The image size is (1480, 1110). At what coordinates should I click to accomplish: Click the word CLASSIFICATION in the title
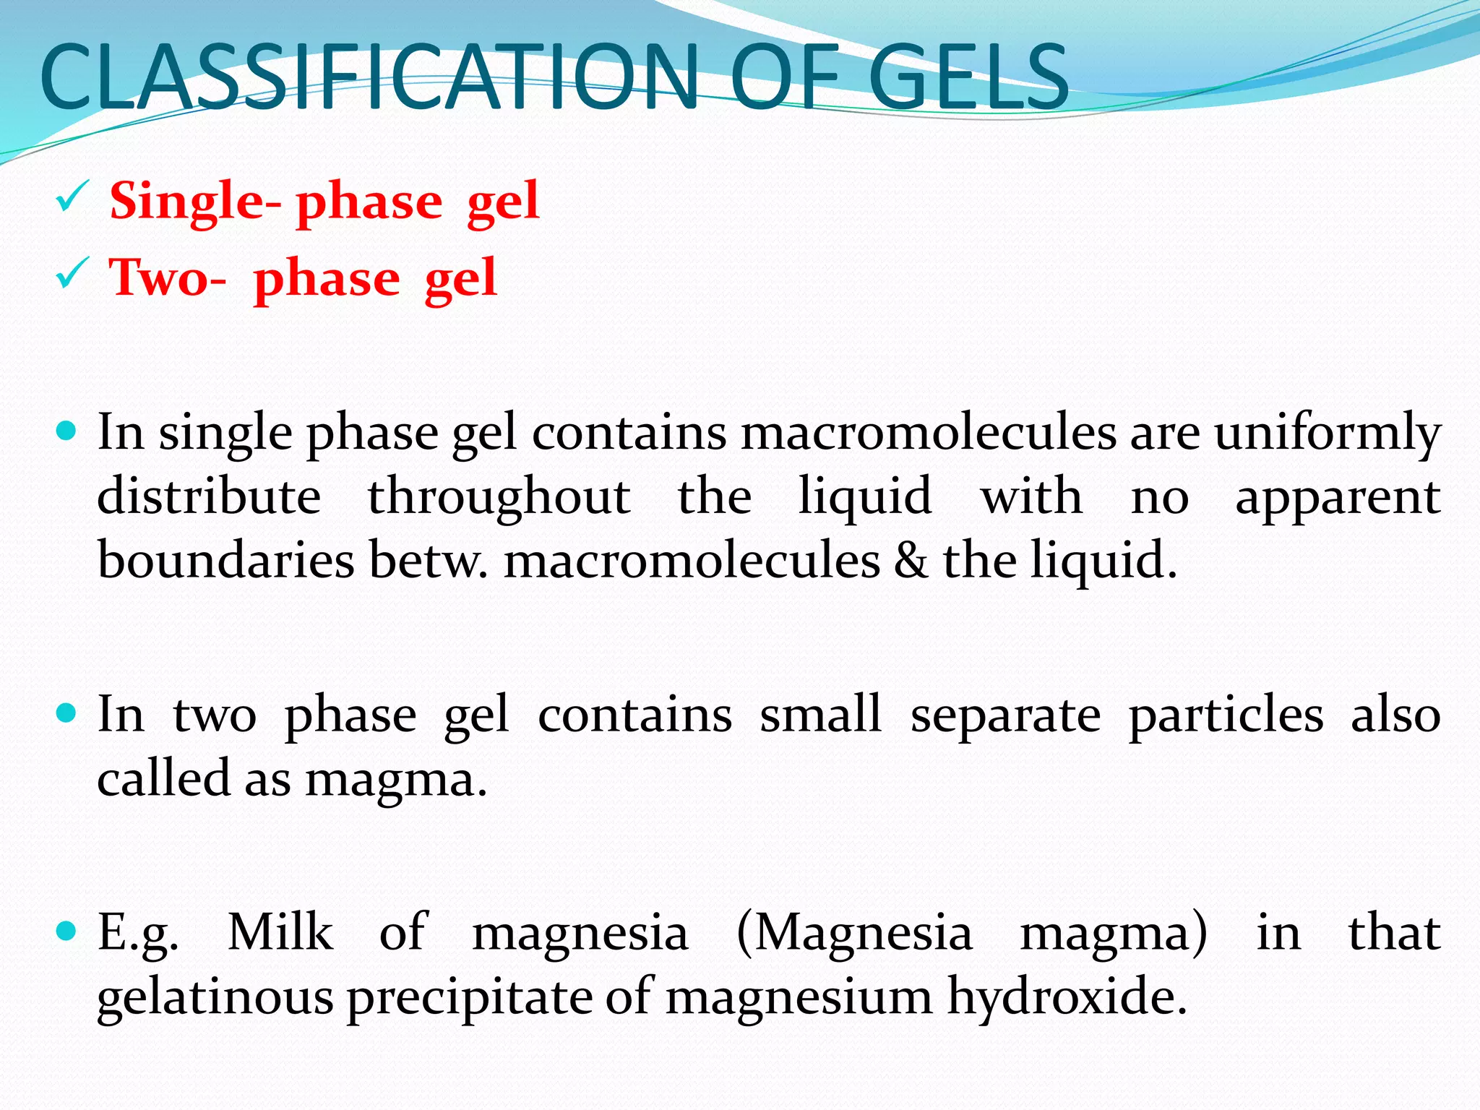[x=369, y=77]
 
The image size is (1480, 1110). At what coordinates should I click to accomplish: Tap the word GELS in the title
[x=968, y=77]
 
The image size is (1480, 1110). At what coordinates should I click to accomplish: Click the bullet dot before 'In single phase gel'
[x=66, y=432]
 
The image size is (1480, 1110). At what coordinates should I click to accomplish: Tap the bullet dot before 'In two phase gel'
[x=66, y=714]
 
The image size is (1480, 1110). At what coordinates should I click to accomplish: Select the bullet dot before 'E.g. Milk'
[x=66, y=931]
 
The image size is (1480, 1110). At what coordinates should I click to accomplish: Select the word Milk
[x=280, y=932]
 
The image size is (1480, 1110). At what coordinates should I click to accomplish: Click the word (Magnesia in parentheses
[x=854, y=932]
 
